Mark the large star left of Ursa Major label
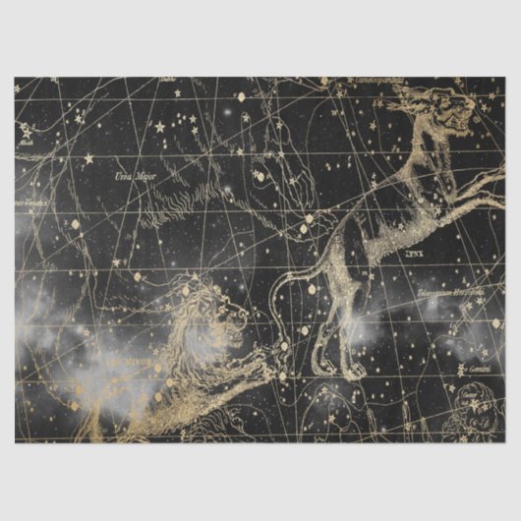88,157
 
